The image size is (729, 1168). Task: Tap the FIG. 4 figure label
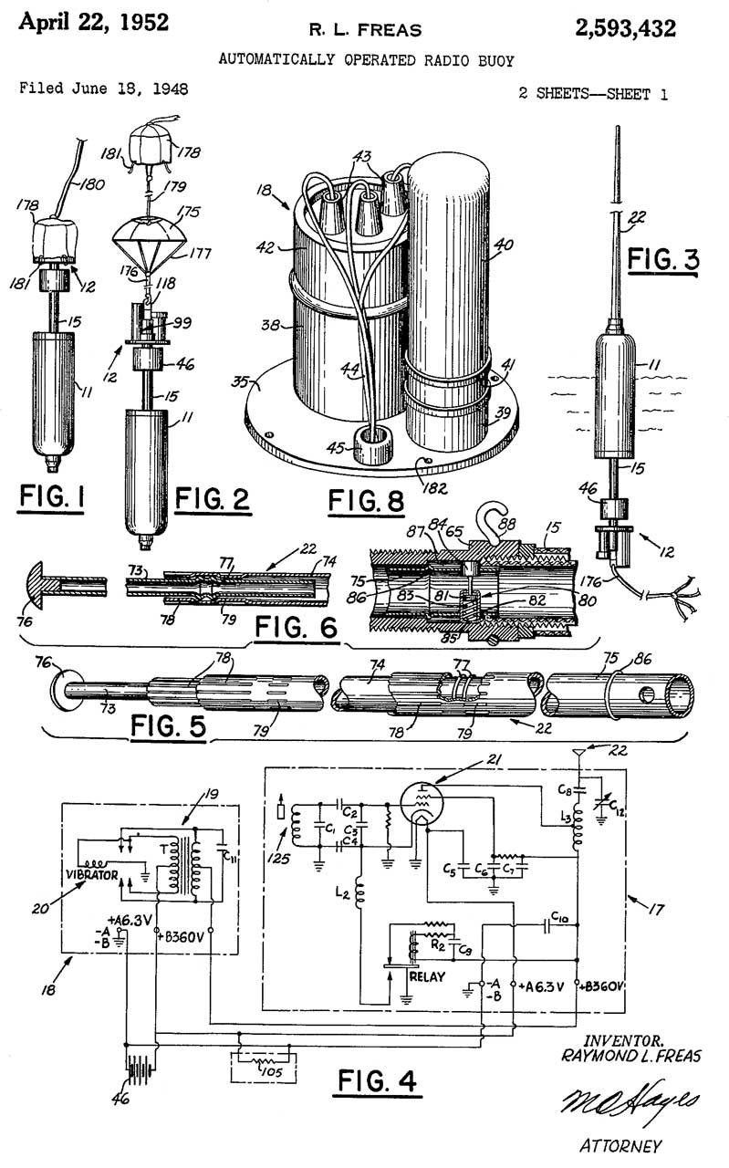pyautogui.click(x=376, y=1081)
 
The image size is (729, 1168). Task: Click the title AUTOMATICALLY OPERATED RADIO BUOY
pyautogui.click(x=366, y=60)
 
